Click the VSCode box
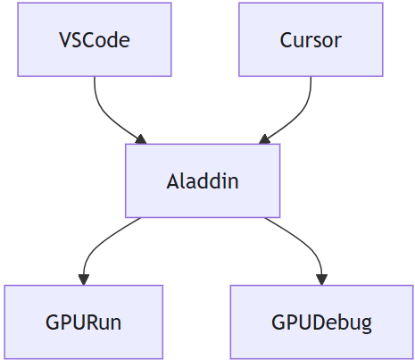(x=95, y=39)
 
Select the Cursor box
(x=311, y=39)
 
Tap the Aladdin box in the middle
(x=203, y=180)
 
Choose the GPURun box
(x=84, y=322)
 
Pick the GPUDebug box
(x=322, y=322)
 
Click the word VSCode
(x=95, y=40)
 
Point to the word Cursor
(x=311, y=40)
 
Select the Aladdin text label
(x=203, y=181)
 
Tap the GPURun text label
(x=84, y=322)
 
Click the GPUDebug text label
(x=322, y=322)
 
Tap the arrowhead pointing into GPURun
(x=84, y=280)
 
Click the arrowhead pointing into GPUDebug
(x=322, y=280)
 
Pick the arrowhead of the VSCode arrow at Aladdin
(x=141, y=139)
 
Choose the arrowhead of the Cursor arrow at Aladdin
(x=264, y=139)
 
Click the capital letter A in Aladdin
(x=172, y=181)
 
